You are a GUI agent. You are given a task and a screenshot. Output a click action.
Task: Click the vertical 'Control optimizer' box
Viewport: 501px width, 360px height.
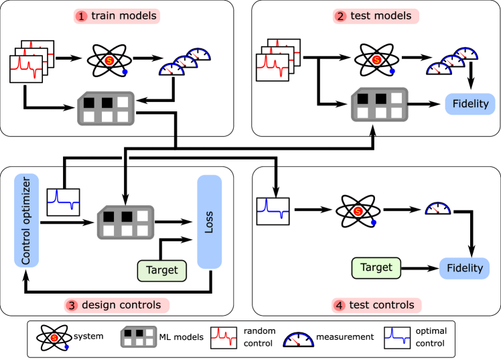click(27, 220)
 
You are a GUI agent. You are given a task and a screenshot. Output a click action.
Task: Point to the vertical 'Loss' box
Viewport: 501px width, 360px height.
click(209, 222)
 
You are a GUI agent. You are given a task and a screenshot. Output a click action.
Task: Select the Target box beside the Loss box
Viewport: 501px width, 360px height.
click(162, 270)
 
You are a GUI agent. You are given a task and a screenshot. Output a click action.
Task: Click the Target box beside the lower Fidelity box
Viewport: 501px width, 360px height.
click(376, 267)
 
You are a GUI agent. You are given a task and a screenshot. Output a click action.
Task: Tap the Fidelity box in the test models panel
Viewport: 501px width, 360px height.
click(470, 104)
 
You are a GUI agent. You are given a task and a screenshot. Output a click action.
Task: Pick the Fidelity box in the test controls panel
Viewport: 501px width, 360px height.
click(464, 268)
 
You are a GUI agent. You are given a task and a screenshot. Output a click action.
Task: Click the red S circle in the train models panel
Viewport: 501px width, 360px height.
click(109, 61)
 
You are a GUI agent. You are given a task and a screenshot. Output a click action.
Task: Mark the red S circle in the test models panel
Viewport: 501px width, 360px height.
click(376, 60)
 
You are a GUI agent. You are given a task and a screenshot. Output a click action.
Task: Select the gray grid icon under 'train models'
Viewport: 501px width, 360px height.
click(106, 108)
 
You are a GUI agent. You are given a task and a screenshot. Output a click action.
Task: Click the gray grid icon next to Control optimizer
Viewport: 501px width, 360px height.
click(125, 223)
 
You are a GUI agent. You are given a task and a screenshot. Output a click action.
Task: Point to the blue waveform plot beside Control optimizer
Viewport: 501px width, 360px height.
click(63, 202)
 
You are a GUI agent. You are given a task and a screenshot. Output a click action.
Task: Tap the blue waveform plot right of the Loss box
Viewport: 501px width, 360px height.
click(273, 211)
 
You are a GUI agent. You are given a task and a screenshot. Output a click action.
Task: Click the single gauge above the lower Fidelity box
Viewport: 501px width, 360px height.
click(438, 208)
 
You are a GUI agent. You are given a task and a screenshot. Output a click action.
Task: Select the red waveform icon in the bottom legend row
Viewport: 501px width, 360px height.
click(224, 337)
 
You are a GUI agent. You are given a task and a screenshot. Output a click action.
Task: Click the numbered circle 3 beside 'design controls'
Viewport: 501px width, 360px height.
click(72, 306)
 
